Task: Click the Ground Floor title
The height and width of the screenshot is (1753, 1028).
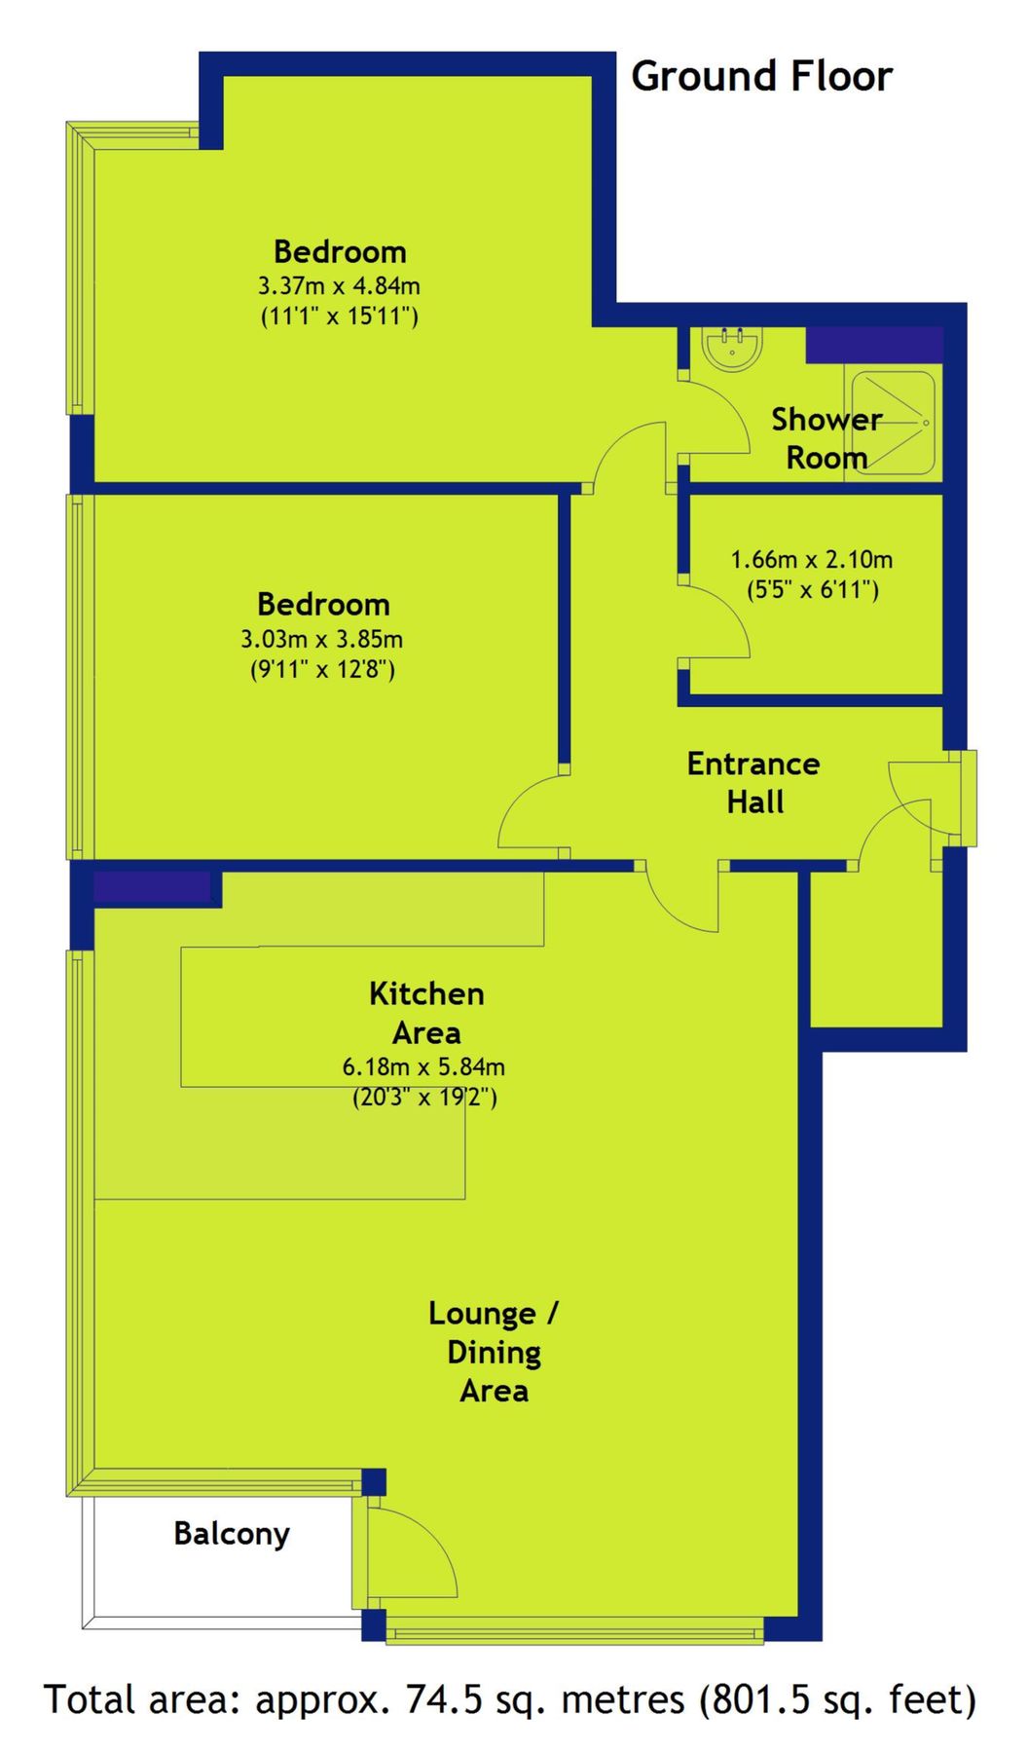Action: (x=761, y=77)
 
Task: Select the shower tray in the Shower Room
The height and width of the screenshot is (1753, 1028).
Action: (x=894, y=423)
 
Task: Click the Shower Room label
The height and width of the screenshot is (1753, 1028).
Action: (x=826, y=438)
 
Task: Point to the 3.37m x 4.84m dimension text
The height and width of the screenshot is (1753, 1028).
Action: (x=339, y=286)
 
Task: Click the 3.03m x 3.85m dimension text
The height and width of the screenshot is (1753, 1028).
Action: (x=321, y=640)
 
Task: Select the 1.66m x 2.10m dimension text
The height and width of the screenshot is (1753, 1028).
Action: (x=812, y=560)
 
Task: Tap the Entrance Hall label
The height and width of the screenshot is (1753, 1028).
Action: (x=753, y=782)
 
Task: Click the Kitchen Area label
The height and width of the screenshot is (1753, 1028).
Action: (x=426, y=1013)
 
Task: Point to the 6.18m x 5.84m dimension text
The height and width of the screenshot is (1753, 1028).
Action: (x=423, y=1067)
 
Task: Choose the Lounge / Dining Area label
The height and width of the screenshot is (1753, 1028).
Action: (x=494, y=1352)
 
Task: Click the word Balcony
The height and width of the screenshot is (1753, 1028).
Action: (x=232, y=1534)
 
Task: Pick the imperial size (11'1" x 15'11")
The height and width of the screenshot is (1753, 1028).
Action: (x=339, y=317)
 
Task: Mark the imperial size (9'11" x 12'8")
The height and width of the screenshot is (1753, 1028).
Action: (x=322, y=670)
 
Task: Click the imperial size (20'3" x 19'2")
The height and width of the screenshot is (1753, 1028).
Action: (x=424, y=1098)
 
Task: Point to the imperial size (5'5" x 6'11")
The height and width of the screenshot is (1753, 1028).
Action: (x=813, y=590)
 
